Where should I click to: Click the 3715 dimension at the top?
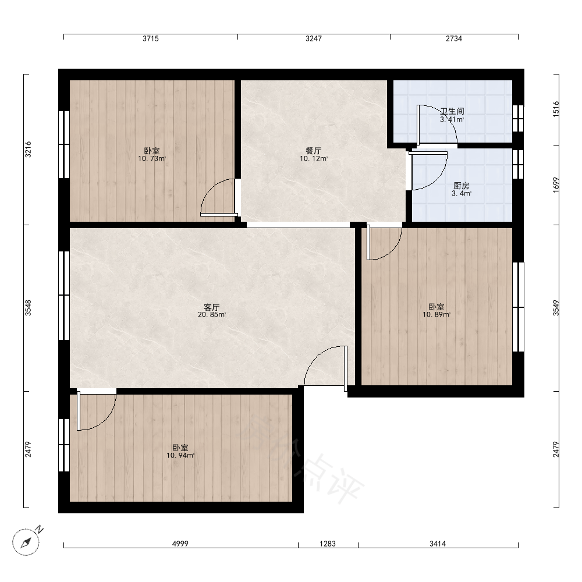(x=151, y=38)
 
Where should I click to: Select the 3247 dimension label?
(x=314, y=38)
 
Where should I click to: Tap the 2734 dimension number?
(x=454, y=38)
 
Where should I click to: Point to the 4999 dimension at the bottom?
(x=180, y=544)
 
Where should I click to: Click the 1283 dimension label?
(x=328, y=544)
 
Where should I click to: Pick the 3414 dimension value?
(x=438, y=544)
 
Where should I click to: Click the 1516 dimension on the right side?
(x=556, y=109)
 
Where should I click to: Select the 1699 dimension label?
(x=556, y=185)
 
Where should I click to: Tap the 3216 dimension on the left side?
(x=28, y=149)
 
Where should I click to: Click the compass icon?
(x=26, y=541)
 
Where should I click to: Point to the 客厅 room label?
(x=212, y=307)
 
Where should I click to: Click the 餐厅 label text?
(x=314, y=151)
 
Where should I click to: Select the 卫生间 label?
(x=452, y=111)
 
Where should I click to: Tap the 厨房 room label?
(x=462, y=186)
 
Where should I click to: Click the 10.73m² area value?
(x=152, y=159)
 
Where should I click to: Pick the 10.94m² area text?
(x=180, y=456)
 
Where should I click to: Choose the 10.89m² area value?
(x=436, y=315)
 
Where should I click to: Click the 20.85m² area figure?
(x=212, y=315)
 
